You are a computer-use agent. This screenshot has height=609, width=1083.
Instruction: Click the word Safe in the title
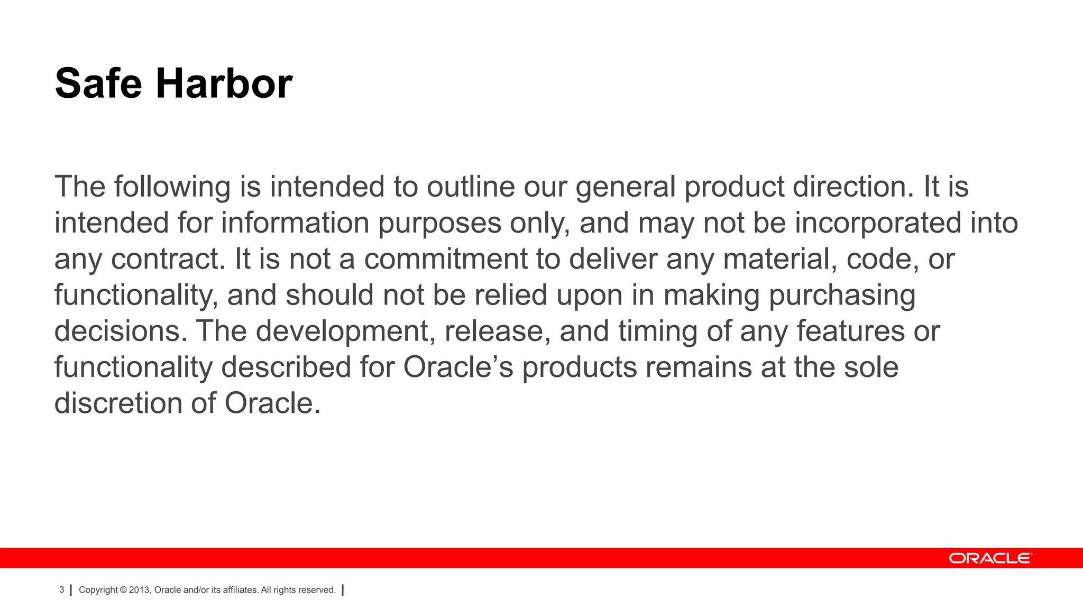pos(98,84)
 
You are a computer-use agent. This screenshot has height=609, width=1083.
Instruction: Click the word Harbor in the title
pos(224,84)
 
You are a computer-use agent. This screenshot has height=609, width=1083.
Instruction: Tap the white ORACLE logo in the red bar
pos(990,558)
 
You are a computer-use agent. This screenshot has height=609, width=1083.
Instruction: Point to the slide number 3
pos(61,590)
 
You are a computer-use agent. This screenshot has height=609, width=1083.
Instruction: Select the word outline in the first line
pos(471,187)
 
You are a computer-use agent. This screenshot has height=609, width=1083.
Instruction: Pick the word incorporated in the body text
pos(878,223)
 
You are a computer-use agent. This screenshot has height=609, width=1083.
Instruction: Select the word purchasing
pos(841,295)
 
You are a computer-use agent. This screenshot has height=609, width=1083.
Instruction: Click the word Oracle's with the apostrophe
pos(458,367)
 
